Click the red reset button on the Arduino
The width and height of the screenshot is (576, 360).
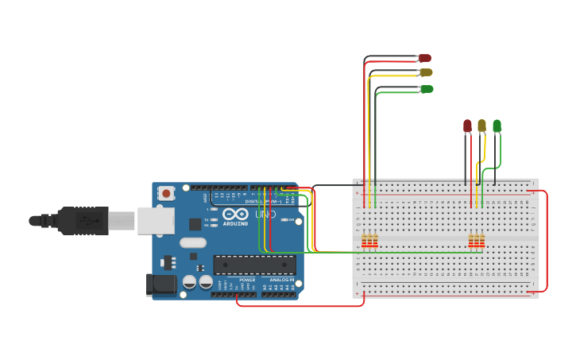point(166,192)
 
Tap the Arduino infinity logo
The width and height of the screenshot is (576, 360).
point(235,215)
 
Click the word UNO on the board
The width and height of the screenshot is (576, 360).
point(265,215)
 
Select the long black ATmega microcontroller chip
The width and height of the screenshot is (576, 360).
point(254,265)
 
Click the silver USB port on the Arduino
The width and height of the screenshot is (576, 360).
point(156,220)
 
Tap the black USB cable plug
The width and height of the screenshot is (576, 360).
point(83,220)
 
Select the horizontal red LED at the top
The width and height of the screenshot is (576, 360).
point(425,58)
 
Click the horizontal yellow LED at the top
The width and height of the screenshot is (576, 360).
point(426,72)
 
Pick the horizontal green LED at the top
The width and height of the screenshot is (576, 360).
point(427,89)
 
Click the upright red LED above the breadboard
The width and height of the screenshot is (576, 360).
point(467,126)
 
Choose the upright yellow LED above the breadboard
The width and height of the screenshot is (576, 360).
point(481,126)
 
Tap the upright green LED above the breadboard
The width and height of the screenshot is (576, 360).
point(497,126)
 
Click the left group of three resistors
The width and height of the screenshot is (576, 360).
point(369,241)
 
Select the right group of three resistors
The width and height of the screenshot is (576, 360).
point(476,241)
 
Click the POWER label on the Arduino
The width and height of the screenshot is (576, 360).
point(247,280)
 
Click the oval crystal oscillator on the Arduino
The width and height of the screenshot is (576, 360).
point(193,242)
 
